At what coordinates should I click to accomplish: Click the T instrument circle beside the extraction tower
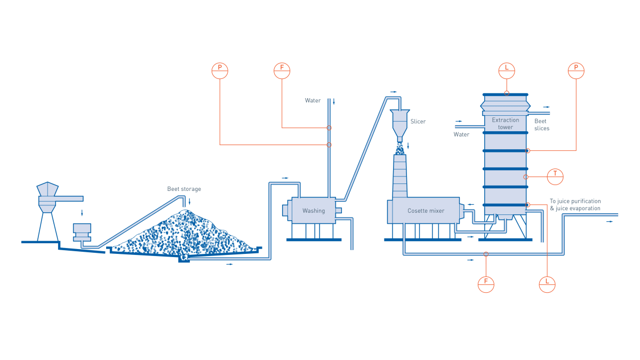pos(555,177)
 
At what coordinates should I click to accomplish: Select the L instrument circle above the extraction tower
pos(507,70)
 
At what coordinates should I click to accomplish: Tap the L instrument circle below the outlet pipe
pos(547,284)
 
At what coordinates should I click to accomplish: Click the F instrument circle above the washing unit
pos(282,70)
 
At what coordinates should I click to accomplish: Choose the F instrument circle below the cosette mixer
pos(486,284)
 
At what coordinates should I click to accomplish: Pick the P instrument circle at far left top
pos(220,70)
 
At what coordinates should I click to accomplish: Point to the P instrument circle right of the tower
pos(576,70)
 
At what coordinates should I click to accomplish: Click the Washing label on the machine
pos(314,211)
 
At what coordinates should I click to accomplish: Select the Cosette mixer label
pos(426,211)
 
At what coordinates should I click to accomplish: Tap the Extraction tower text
pos(505,123)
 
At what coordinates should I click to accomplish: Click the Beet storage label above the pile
pos(184,189)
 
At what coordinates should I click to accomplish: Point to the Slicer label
pos(418,122)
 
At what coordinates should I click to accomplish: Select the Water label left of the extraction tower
pos(461,134)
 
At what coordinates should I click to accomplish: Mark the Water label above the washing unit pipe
pos(313,100)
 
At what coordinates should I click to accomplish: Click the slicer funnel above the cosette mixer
pos(399,123)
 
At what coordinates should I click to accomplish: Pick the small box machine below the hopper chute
pos(82,231)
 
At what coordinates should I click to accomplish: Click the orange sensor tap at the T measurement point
pos(526,177)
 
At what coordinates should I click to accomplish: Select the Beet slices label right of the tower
pos(541,125)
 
